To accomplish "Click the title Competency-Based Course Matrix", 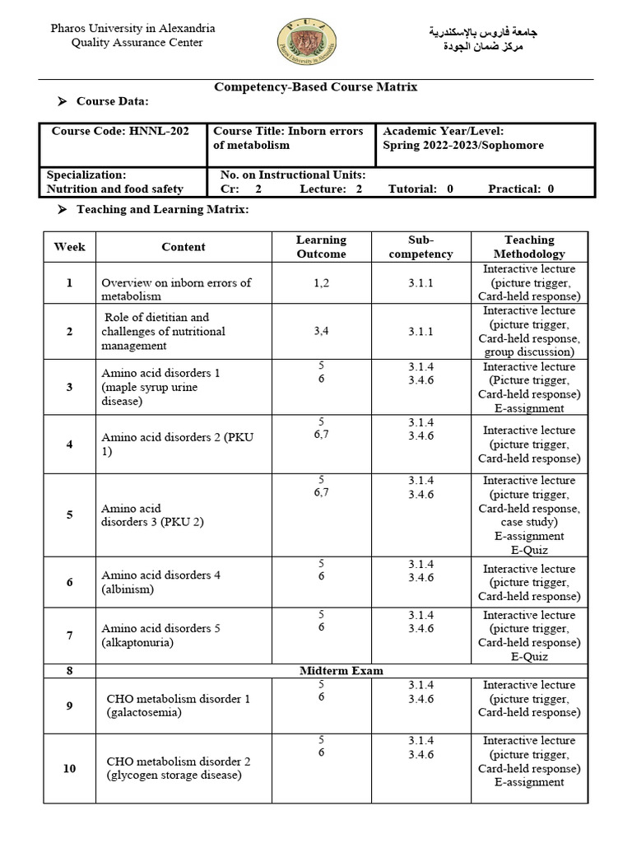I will click(316, 86).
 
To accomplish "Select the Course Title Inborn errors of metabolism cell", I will click(288, 137).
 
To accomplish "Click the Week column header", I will click(69, 247).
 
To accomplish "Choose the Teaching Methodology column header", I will click(529, 247).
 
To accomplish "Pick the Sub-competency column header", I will click(421, 247).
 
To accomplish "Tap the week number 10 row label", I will click(69, 768).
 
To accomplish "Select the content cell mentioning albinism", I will click(161, 582).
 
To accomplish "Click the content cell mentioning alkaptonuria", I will click(161, 635).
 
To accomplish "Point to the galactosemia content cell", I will click(178, 706).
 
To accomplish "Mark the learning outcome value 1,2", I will click(321, 282).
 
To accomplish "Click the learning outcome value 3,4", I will click(321, 331).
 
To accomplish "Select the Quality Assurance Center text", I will click(137, 43).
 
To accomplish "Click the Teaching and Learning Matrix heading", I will click(162, 210).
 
